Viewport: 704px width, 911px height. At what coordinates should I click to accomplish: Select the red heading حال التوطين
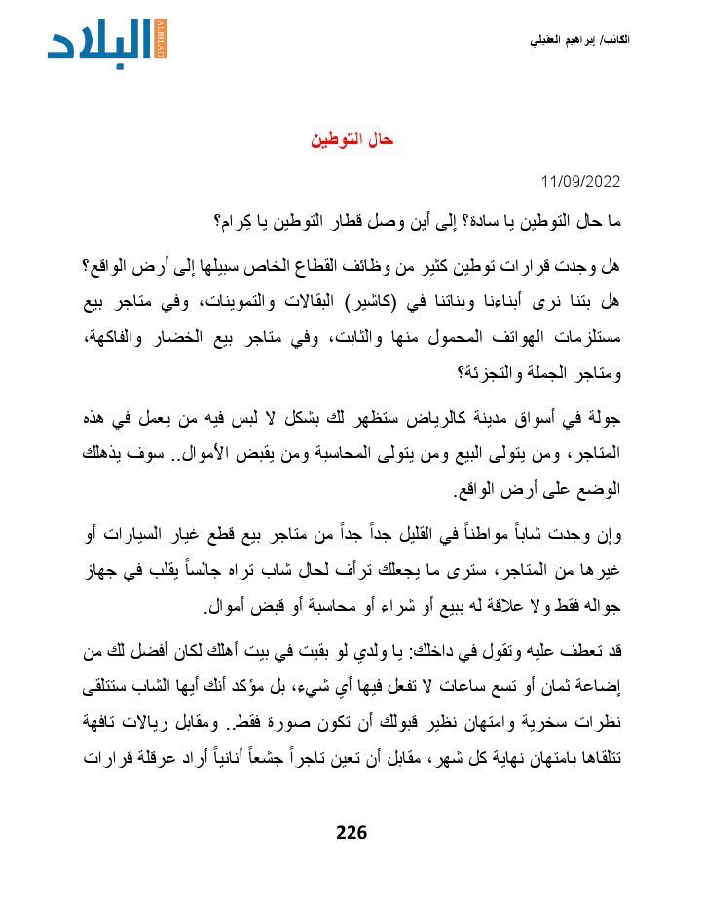(352, 140)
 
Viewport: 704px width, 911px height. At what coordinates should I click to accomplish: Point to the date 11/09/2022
(580, 182)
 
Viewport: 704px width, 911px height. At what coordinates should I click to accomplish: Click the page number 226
(351, 832)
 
